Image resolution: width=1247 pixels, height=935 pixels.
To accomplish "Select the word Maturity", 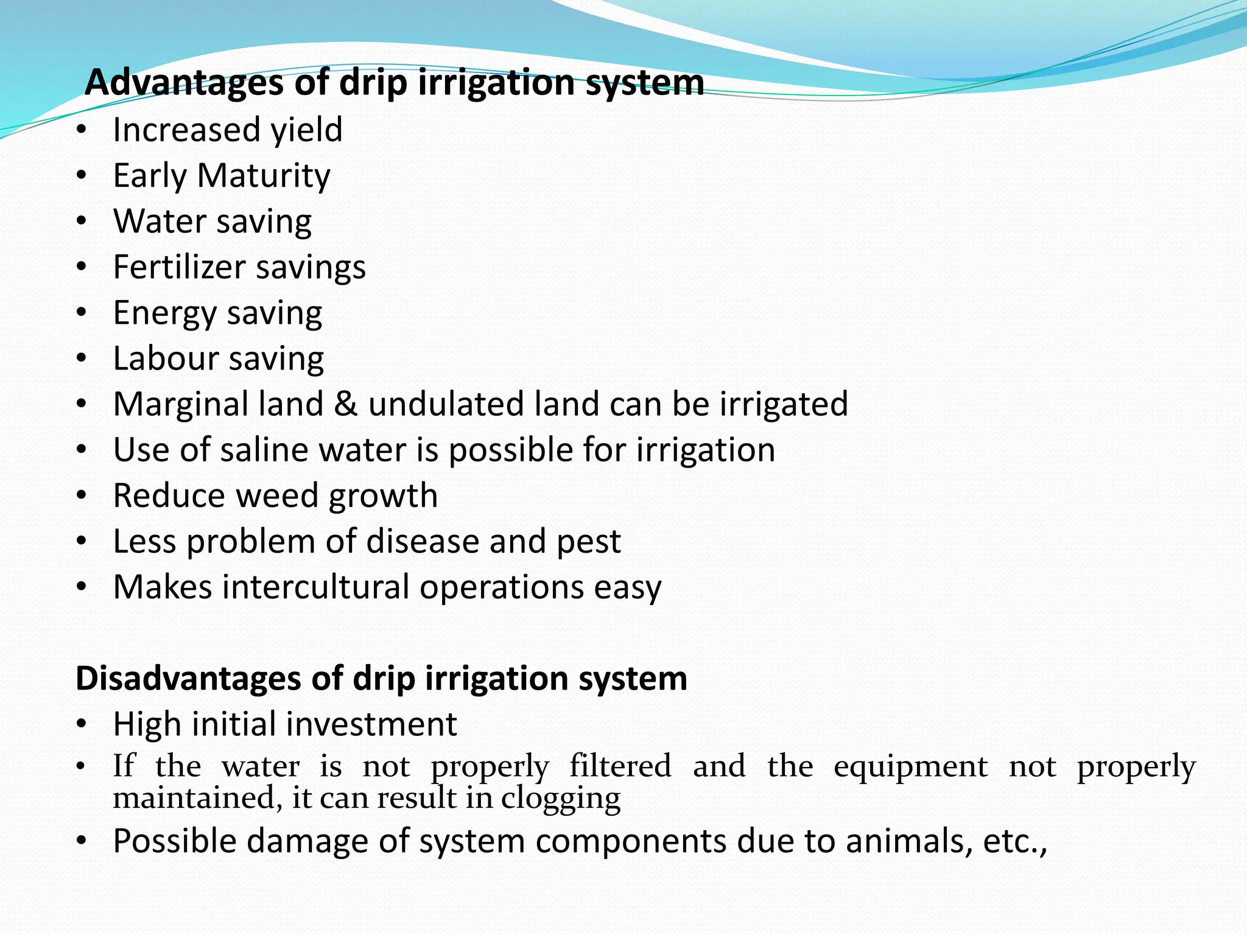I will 264,176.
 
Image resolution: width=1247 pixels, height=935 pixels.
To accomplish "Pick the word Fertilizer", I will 177,267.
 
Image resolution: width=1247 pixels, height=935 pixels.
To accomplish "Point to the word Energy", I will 164,314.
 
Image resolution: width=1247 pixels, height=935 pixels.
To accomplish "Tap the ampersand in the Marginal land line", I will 345,404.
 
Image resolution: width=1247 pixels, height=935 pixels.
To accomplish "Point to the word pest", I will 588,542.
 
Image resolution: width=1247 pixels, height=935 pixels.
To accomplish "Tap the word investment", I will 374,724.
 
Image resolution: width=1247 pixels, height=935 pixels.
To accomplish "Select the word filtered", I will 620,766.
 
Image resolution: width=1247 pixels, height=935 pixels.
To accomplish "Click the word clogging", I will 560,799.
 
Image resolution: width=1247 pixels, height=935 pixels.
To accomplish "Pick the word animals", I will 908,841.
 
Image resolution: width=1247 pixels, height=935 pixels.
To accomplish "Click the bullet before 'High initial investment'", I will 82,724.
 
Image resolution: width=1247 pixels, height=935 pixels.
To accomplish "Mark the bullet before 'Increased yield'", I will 82,130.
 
